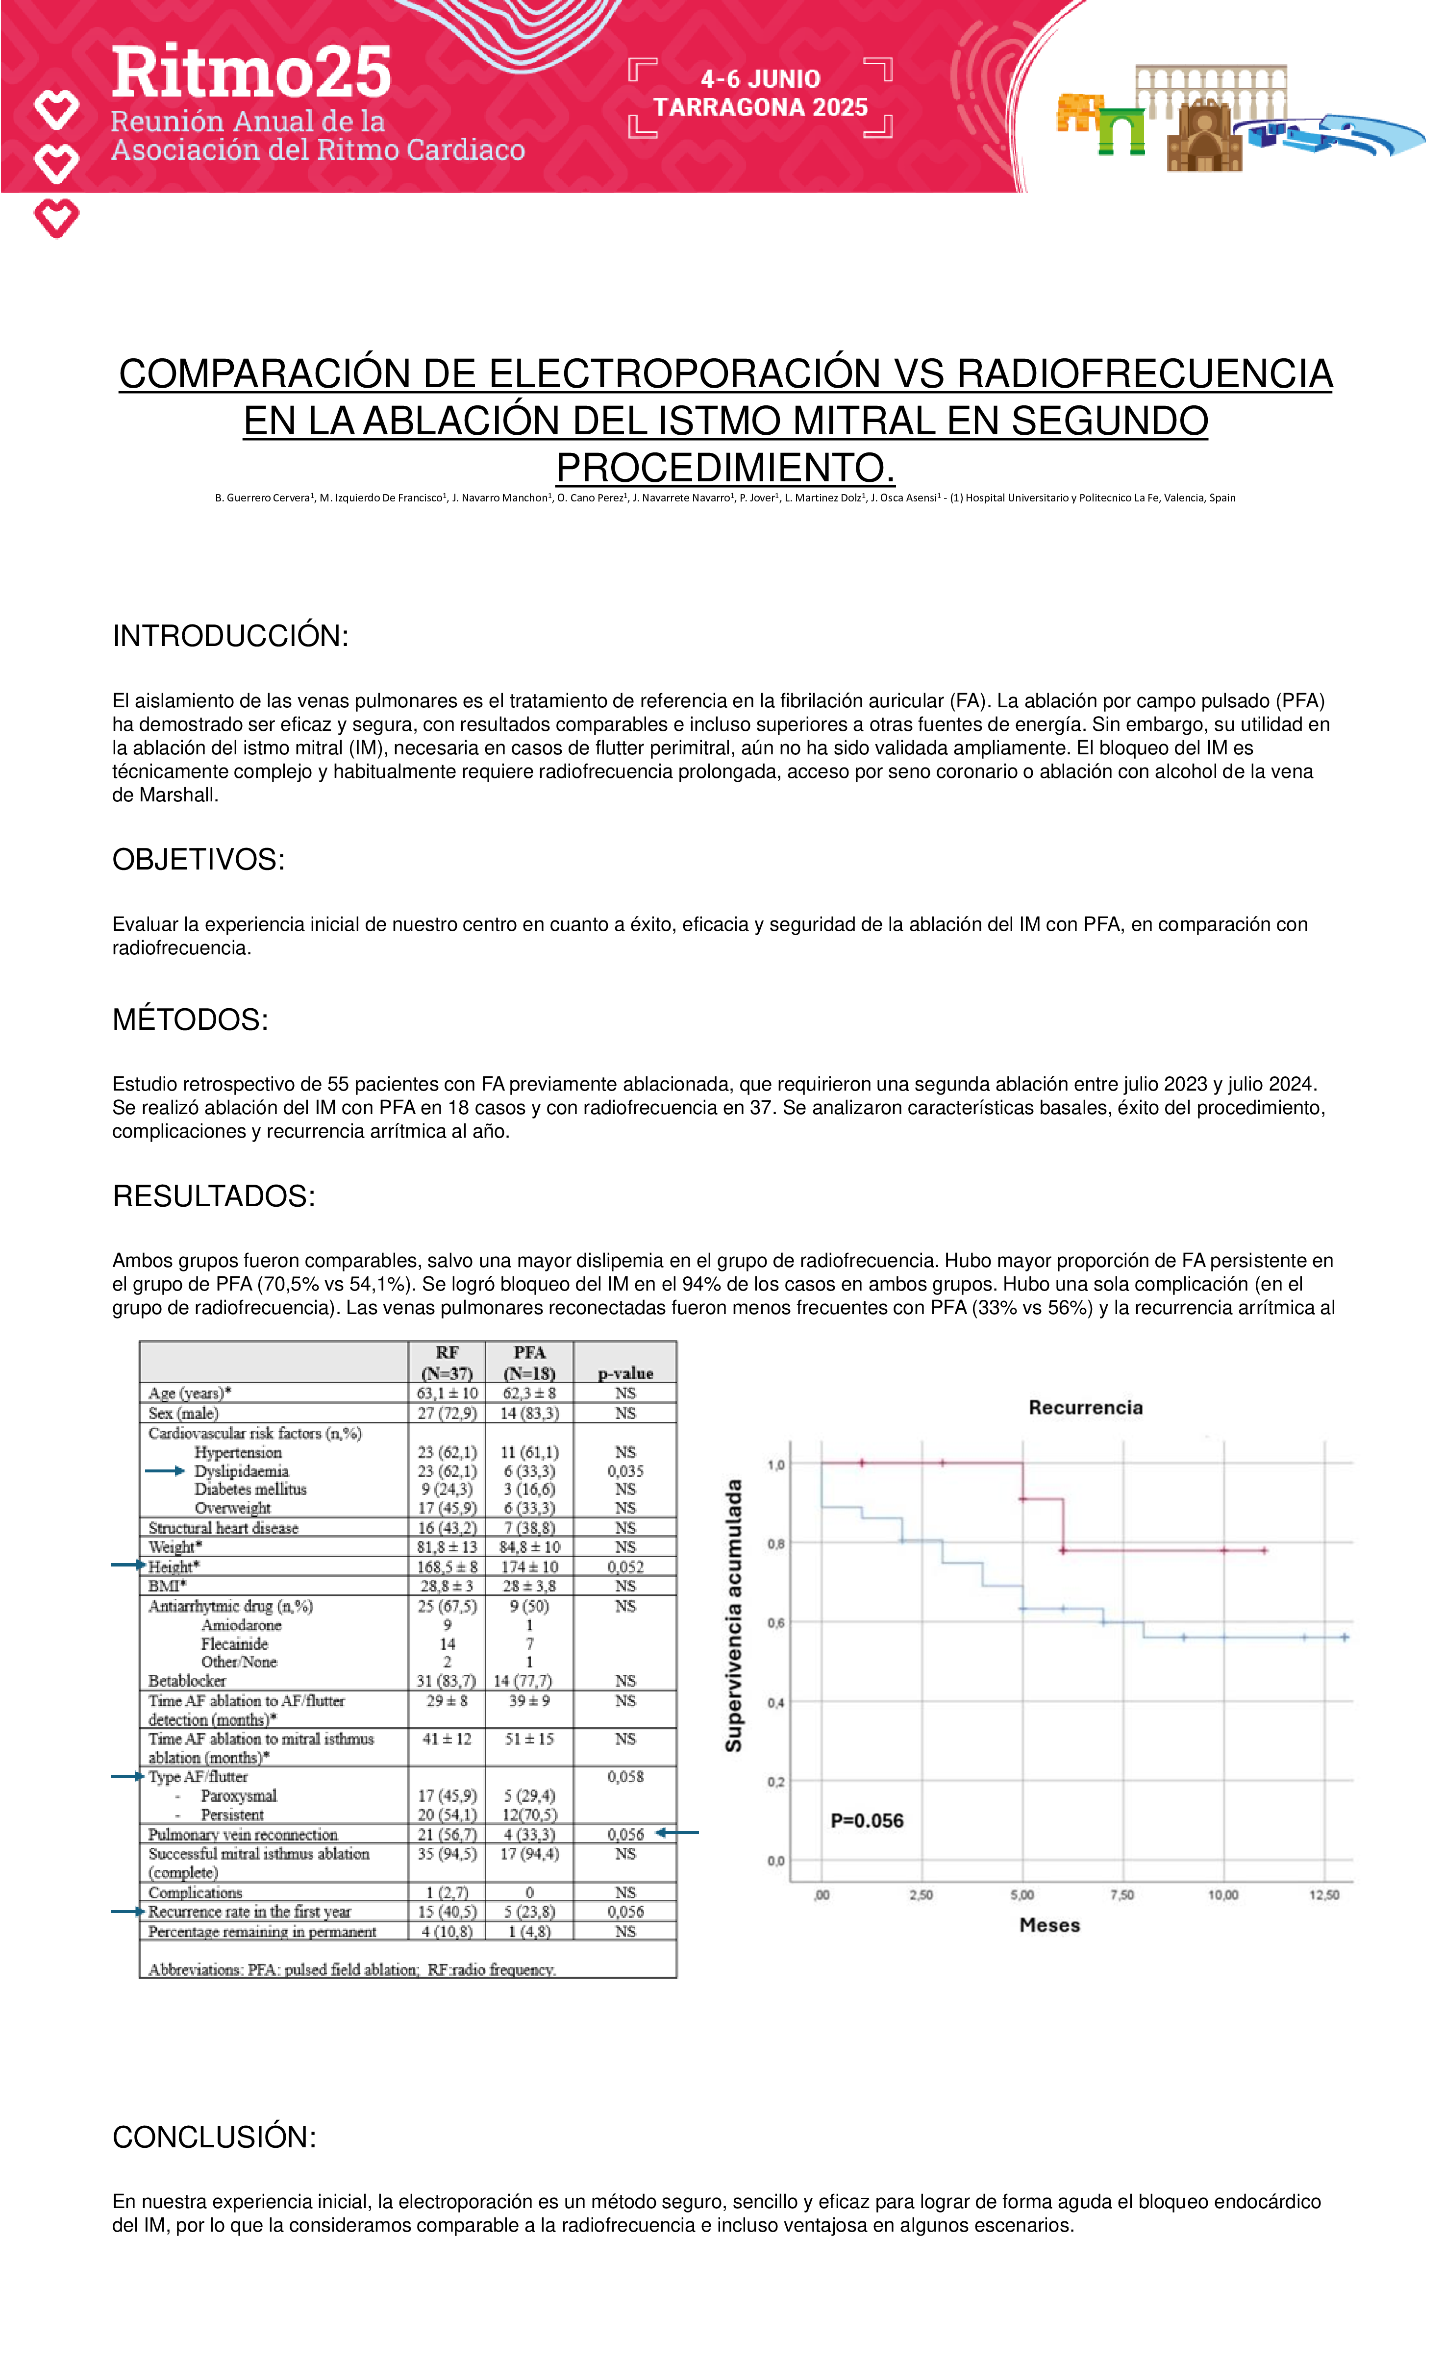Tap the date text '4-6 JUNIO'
click(760, 79)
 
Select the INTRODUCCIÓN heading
click(230, 636)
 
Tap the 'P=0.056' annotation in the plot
click(867, 1820)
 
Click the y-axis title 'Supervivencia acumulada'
click(733, 1615)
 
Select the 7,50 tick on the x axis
click(1122, 1895)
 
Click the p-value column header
click(625, 1373)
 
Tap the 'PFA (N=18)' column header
click(529, 1362)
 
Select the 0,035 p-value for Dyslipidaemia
click(625, 1470)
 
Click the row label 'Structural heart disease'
click(224, 1528)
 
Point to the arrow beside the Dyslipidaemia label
click(164, 1470)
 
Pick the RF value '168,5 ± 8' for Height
click(447, 1566)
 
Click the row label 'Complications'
click(196, 1892)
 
